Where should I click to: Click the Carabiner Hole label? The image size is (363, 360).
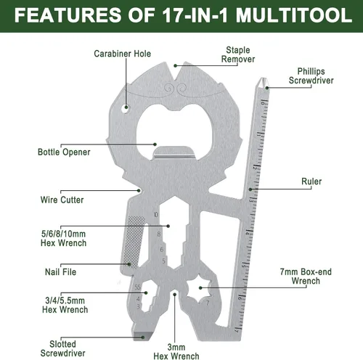coord(122,54)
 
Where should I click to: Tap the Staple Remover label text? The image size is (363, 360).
coord(238,54)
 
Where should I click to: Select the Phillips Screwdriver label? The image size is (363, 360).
coord(311,76)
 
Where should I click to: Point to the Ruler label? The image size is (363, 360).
coord(311,181)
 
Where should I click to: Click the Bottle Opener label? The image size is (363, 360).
coord(64,152)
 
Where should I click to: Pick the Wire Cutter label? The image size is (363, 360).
coord(62,200)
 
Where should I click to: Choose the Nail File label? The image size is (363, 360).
coord(60,272)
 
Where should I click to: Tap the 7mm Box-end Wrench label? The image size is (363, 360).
coord(306,277)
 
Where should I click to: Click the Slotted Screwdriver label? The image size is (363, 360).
coord(63,348)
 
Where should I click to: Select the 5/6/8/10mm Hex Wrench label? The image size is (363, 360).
coord(63,239)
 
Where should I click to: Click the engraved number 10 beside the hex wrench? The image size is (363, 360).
coord(155,215)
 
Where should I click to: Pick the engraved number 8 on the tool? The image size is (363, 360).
coord(159,234)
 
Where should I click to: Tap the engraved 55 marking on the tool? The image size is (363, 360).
coord(137,287)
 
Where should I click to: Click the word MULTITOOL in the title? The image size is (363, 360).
coord(294,15)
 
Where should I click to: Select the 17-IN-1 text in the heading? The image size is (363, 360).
coord(195,15)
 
